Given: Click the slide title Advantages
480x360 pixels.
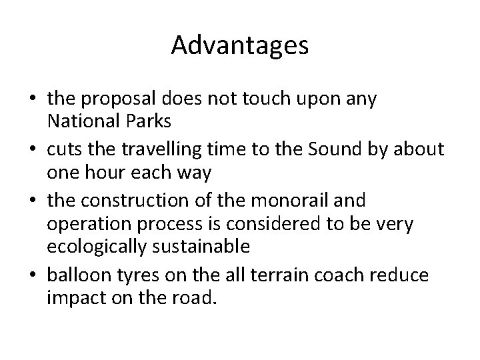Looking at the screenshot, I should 239,45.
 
